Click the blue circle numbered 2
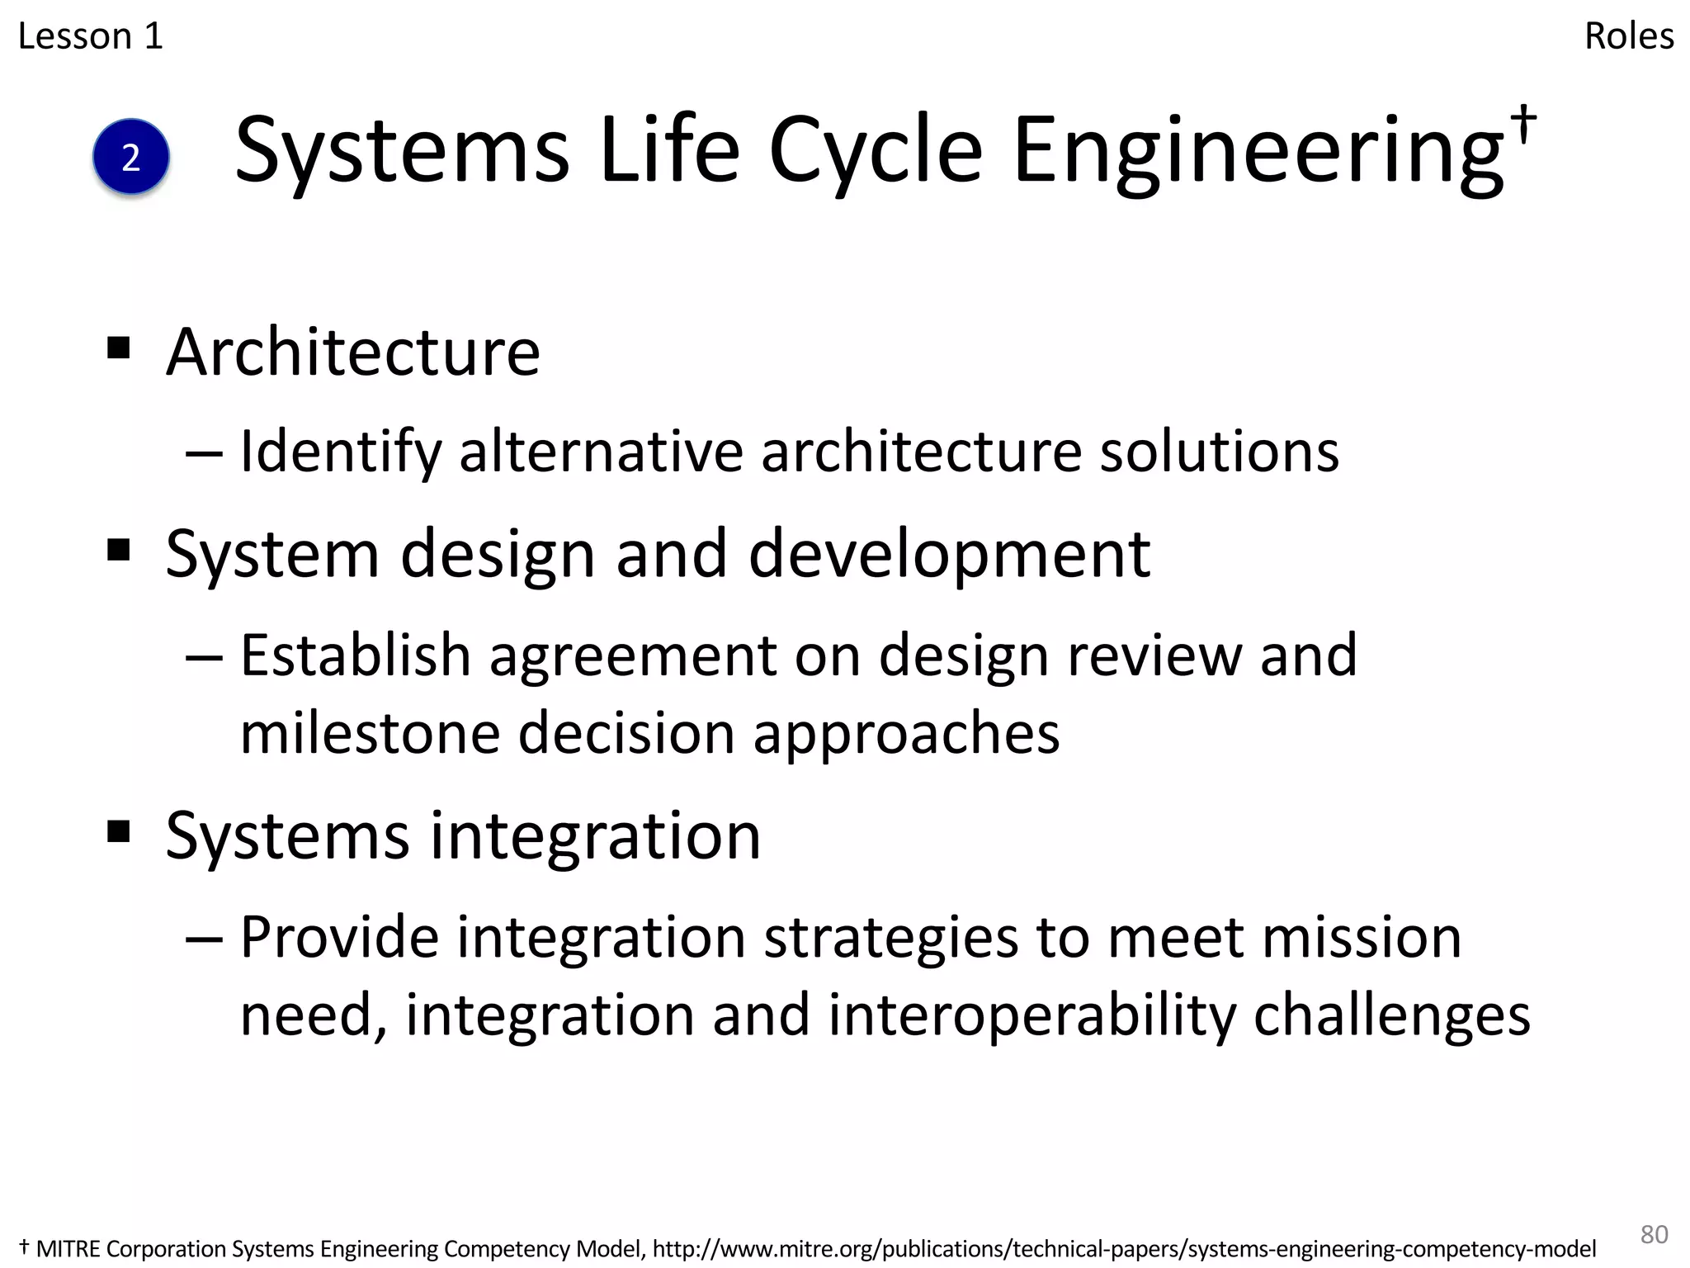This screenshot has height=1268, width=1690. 131,157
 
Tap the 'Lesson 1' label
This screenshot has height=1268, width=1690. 91,36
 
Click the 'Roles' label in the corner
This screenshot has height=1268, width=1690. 1629,36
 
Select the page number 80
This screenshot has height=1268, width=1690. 1654,1233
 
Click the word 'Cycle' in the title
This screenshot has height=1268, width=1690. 876,152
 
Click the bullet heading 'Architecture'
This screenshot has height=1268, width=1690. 353,352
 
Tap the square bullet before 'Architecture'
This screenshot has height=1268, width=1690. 119,348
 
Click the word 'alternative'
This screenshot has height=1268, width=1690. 601,452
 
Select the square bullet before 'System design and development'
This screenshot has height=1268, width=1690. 119,549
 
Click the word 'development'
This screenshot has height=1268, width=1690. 949,554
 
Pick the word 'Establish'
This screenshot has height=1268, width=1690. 356,655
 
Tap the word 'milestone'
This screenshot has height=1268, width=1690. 371,733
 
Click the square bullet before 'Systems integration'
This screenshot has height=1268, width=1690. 119,831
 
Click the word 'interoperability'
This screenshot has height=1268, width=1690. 1031,1015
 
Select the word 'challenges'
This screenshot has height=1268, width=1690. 1392,1015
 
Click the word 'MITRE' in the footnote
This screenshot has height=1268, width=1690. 68,1249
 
